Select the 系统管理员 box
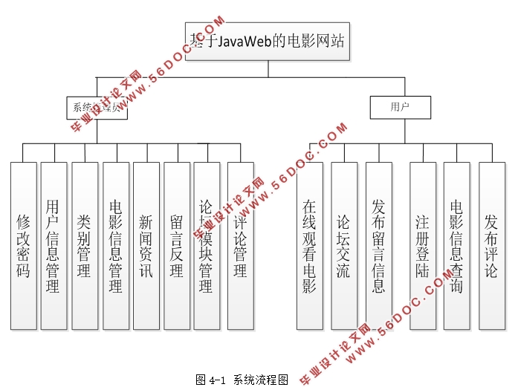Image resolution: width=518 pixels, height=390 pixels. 97,108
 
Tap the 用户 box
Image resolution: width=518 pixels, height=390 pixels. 401,108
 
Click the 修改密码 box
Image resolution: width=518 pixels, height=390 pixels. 23,245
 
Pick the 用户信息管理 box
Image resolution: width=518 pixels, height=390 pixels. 53,245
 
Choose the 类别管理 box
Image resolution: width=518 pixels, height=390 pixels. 85,245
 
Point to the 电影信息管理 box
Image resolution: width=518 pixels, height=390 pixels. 115,245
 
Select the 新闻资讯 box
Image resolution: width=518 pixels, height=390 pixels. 146,245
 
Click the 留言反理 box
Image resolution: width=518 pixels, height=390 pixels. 177,245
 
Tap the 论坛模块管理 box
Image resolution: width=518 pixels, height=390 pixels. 207,245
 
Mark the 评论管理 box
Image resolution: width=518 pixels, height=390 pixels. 240,245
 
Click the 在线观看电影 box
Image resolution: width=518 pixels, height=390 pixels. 309,245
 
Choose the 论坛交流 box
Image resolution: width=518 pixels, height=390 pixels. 344,245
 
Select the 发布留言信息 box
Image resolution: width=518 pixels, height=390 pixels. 378,245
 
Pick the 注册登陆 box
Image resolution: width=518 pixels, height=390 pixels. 422,245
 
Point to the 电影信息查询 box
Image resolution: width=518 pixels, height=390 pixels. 456,245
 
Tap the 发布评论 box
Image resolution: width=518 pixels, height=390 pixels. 491,245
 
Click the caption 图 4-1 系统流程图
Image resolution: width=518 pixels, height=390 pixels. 242,380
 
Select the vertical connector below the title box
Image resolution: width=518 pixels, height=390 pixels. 268,68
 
